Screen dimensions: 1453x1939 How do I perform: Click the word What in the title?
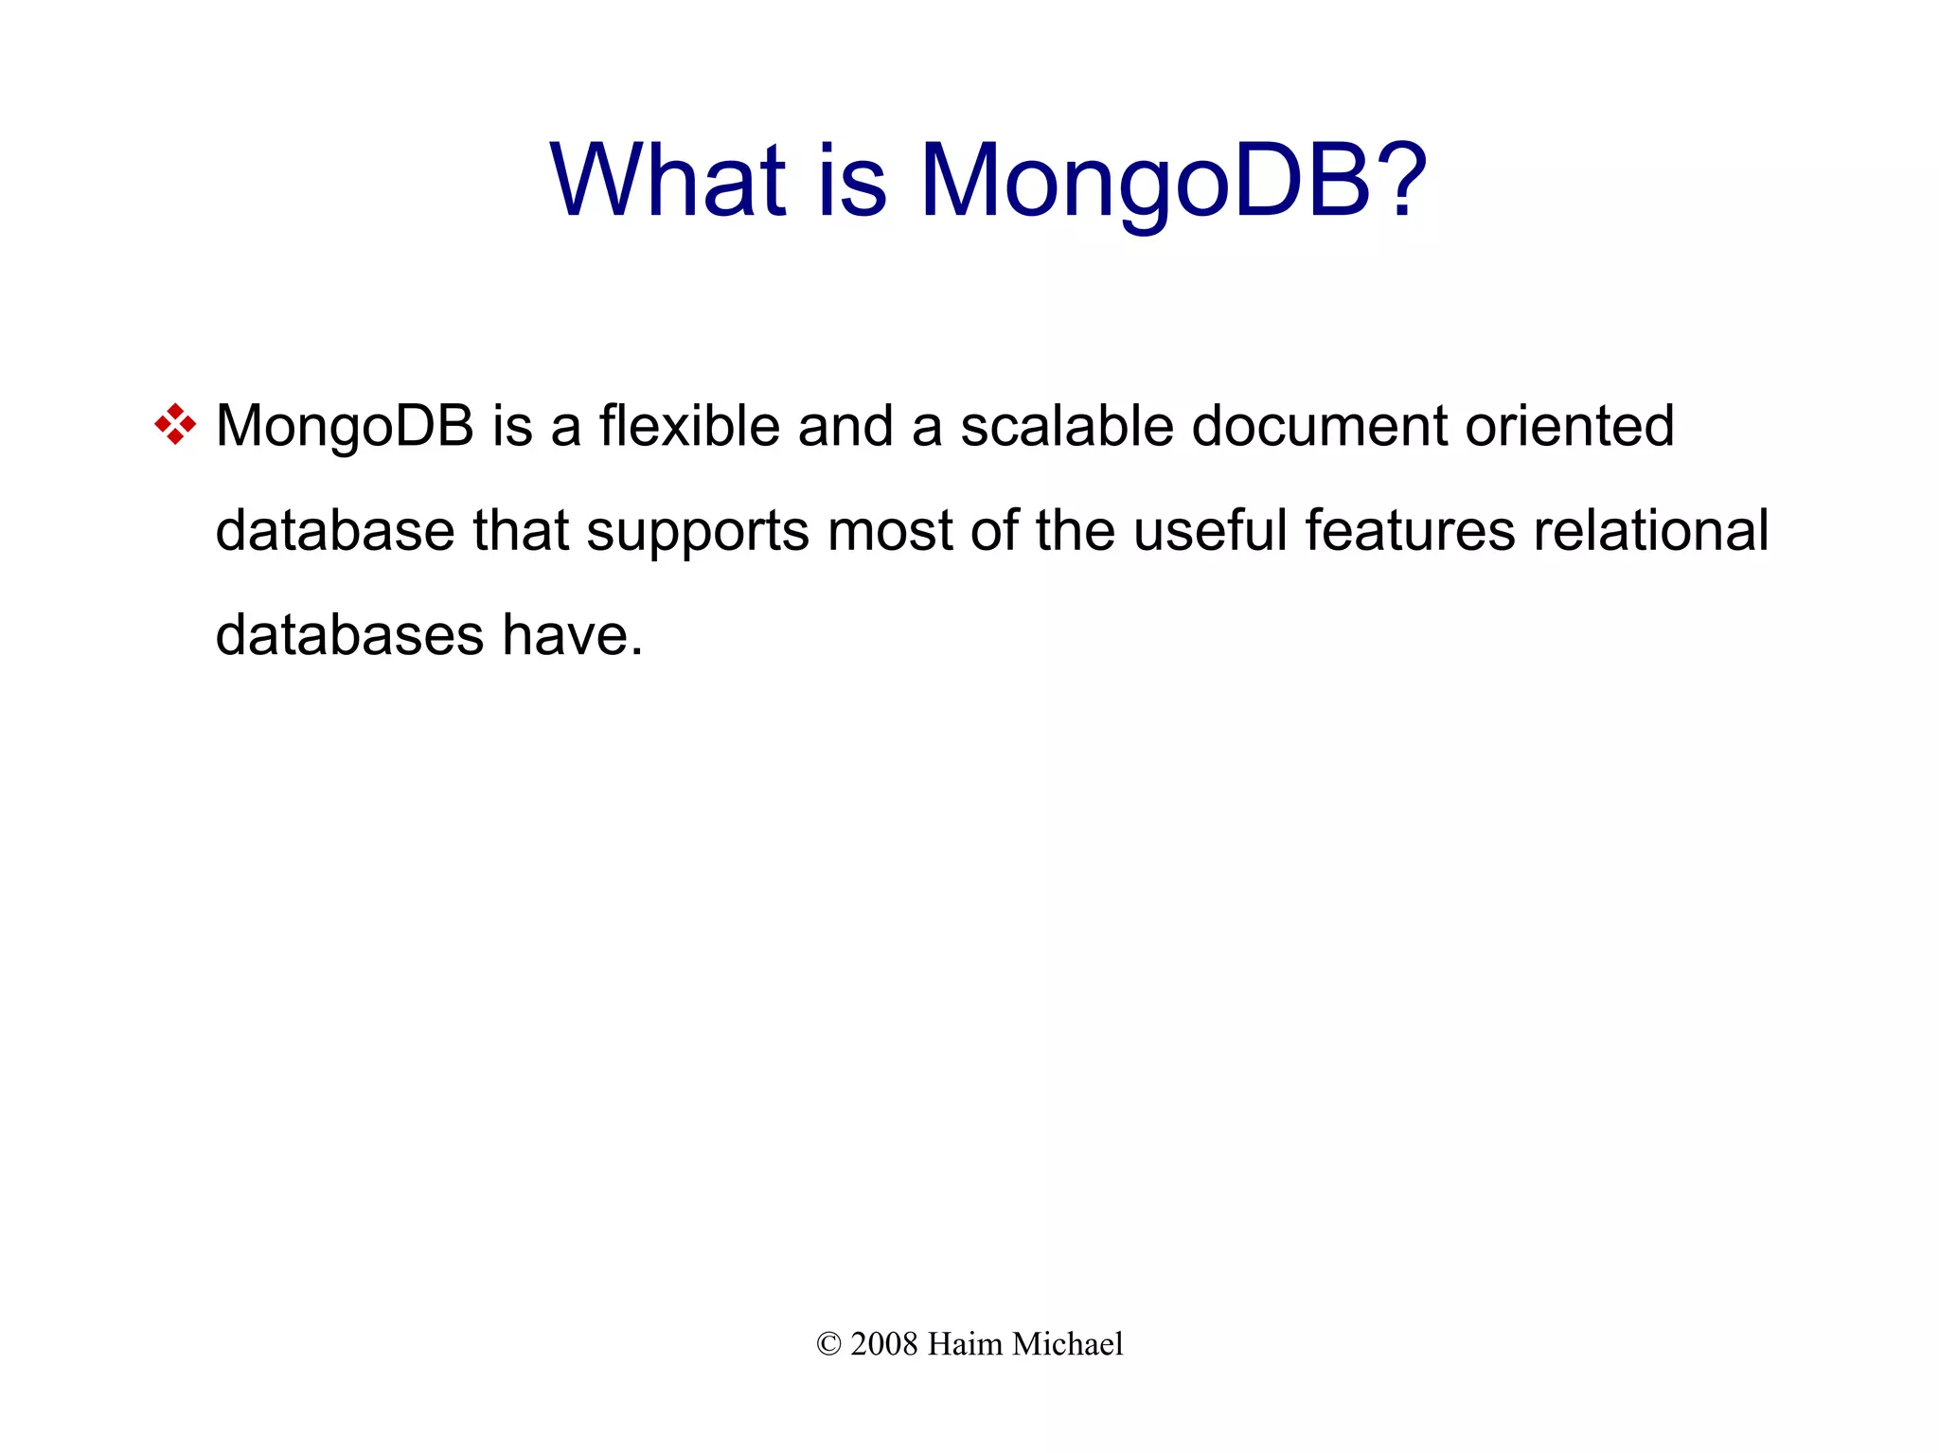coord(667,180)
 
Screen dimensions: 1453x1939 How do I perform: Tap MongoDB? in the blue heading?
coord(1174,182)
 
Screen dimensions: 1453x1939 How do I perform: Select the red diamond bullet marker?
coord(175,425)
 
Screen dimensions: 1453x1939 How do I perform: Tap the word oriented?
coord(1571,426)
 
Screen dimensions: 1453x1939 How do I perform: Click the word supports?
coord(698,531)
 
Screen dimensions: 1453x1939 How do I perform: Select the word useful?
coord(1210,530)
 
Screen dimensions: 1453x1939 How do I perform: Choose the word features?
coord(1411,530)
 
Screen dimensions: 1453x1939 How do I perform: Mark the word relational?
coord(1651,530)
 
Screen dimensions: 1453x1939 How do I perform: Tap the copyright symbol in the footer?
coord(828,1344)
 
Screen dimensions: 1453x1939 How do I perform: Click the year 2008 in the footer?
coord(884,1344)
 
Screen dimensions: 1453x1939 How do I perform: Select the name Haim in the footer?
coord(965,1344)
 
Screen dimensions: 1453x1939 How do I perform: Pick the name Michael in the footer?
coord(1068,1344)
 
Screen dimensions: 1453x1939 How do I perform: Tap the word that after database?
coord(521,530)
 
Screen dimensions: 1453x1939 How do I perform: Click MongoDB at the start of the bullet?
coord(345,426)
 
